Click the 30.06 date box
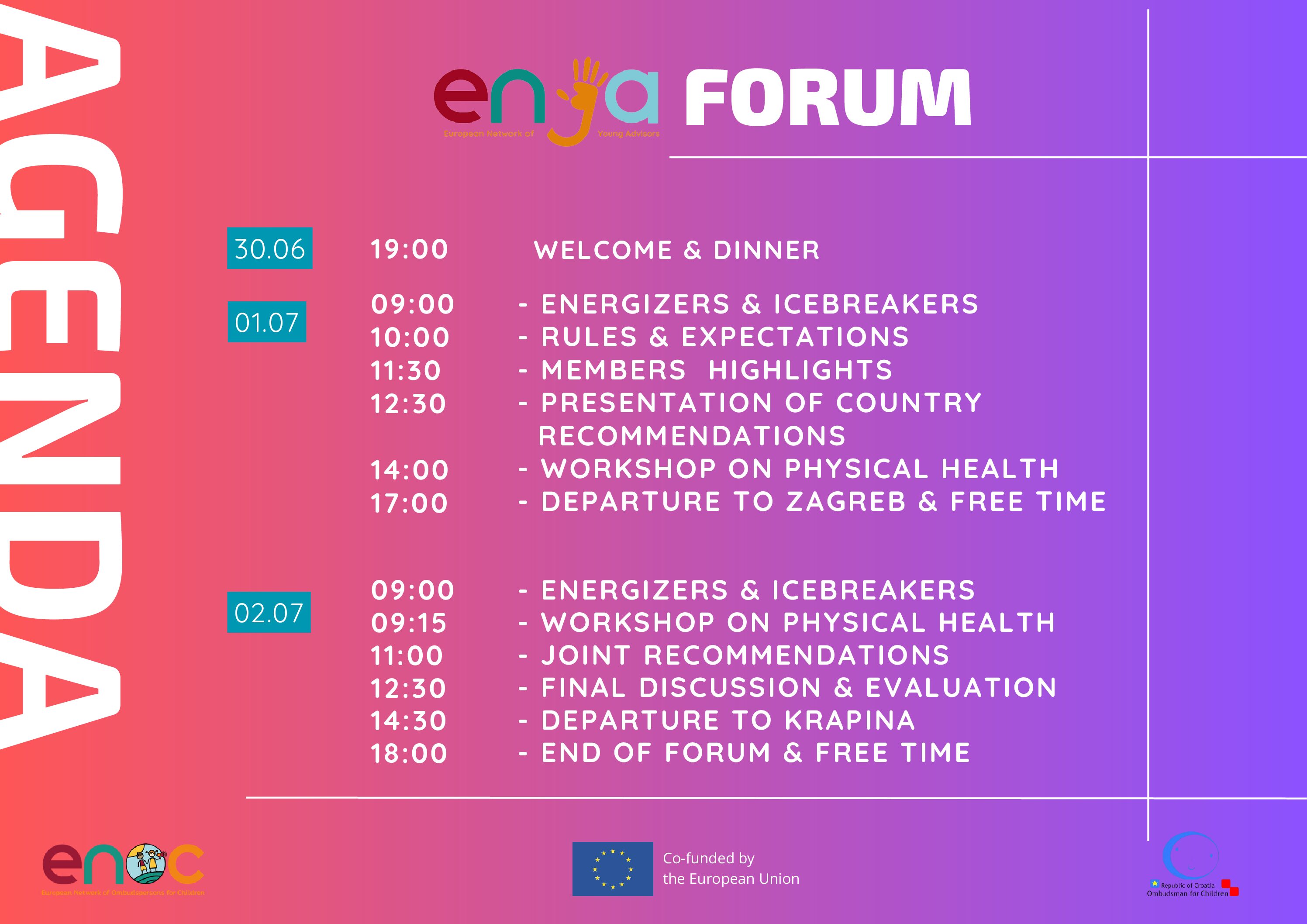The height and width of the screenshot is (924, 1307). click(x=269, y=248)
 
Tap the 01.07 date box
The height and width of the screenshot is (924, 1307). click(x=267, y=322)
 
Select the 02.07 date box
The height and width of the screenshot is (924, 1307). click(x=269, y=612)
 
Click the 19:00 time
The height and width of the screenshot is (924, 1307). click(x=409, y=249)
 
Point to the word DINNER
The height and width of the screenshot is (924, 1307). click(x=767, y=250)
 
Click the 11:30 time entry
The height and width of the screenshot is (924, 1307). click(x=406, y=371)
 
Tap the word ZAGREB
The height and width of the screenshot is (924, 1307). click(x=846, y=502)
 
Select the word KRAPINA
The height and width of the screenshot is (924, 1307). click(x=850, y=720)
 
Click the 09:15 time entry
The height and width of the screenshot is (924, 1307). click(x=409, y=623)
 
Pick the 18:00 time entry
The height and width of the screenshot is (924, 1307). click(x=409, y=753)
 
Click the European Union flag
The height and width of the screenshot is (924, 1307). click(x=613, y=869)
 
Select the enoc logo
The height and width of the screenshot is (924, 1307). click(x=123, y=869)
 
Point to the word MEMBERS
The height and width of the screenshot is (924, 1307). click(x=614, y=370)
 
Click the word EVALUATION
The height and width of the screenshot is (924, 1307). click(x=961, y=687)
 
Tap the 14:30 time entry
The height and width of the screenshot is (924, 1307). click(x=409, y=721)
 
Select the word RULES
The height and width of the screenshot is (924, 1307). click(x=589, y=337)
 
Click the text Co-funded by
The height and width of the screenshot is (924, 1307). click(x=709, y=858)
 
